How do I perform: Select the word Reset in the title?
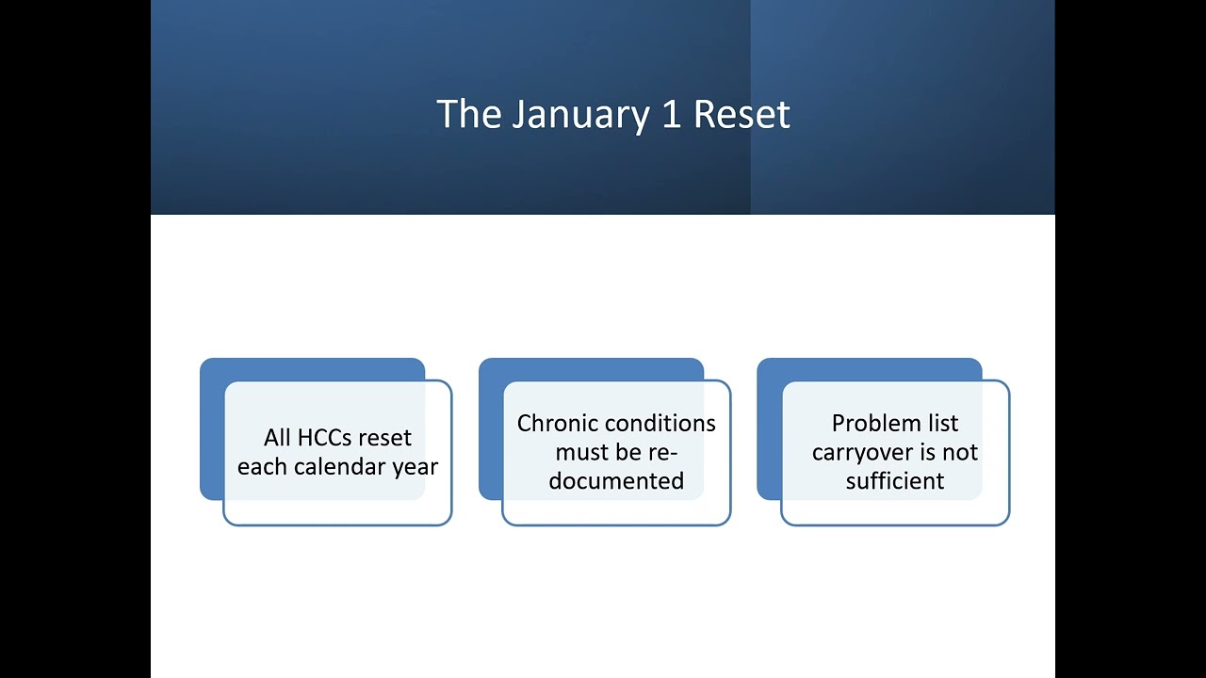[x=742, y=115]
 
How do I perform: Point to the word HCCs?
[x=325, y=438]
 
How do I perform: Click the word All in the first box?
[x=277, y=438]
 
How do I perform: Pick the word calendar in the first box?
[x=340, y=467]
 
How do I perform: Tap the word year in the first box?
[x=416, y=468]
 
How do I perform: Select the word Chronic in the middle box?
[x=558, y=424]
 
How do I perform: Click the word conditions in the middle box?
[x=660, y=424]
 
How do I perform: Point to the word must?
[x=581, y=453]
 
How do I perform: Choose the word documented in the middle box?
[x=616, y=481]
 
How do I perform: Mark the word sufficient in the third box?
[x=895, y=481]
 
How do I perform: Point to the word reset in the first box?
[x=384, y=438]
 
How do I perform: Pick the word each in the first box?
[x=263, y=467]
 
